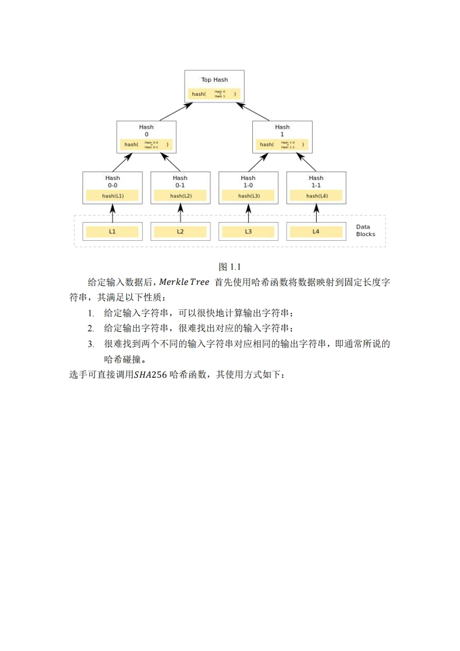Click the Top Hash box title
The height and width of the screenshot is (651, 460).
(214, 79)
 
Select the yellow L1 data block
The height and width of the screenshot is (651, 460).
(113, 232)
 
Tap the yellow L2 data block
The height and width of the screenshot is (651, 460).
(180, 232)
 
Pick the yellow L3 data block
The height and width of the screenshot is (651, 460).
(248, 232)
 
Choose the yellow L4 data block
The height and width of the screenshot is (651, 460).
(316, 232)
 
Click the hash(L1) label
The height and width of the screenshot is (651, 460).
(113, 196)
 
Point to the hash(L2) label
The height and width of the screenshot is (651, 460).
(180, 196)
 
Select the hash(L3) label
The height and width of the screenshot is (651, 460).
(248, 196)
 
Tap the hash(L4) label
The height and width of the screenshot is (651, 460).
(316, 196)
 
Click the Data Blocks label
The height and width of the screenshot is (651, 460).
(365, 230)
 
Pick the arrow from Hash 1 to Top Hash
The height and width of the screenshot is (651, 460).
(258, 111)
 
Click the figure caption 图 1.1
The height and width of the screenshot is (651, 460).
(230, 267)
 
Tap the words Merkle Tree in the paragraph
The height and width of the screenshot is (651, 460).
(184, 283)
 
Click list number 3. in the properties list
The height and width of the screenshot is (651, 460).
(91, 343)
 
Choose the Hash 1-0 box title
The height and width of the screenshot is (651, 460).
(248, 181)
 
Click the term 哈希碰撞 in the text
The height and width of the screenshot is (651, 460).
(122, 359)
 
